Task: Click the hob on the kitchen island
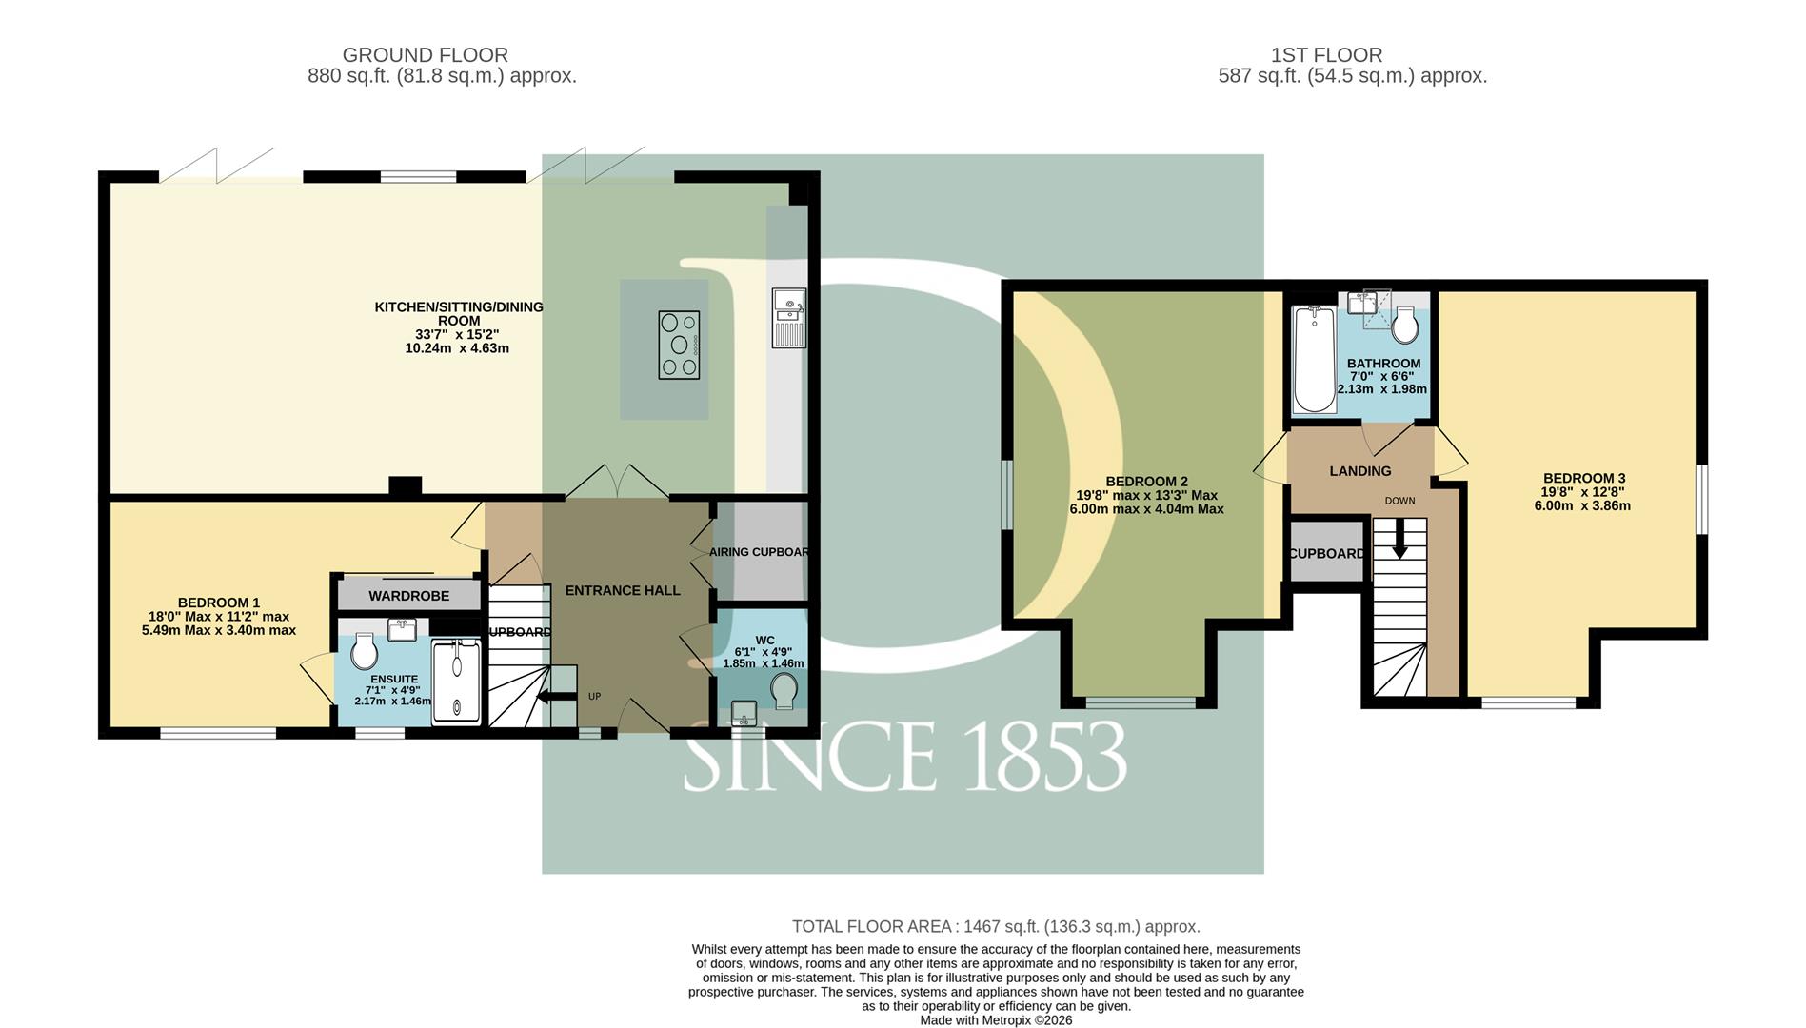(679, 346)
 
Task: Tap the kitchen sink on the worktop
(789, 319)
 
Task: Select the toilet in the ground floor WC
(784, 691)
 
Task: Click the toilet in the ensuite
(364, 652)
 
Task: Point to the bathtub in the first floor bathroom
(1315, 359)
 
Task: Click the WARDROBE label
(409, 596)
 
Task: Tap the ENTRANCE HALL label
(623, 590)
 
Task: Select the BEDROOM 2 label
(1146, 482)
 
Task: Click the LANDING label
(1360, 471)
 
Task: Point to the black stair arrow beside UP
(557, 697)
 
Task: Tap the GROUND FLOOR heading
(426, 55)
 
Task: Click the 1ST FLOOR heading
(1326, 55)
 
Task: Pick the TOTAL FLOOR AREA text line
(996, 926)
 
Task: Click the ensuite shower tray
(458, 682)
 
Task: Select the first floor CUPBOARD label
(1326, 554)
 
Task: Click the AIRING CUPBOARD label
(759, 552)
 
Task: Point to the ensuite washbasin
(403, 628)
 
